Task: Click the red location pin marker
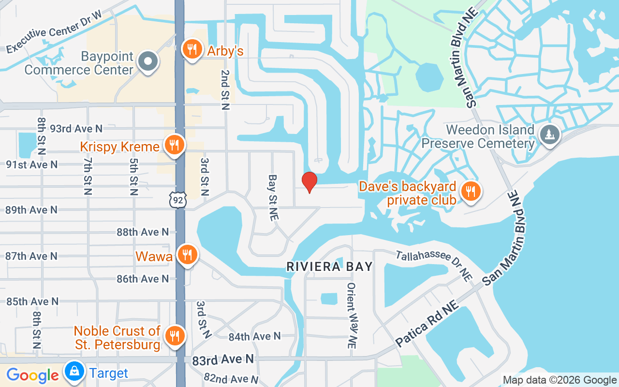pyautogui.click(x=309, y=182)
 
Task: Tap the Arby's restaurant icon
pyautogui.click(x=192, y=49)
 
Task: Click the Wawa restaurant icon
pyautogui.click(x=187, y=254)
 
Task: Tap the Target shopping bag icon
pyautogui.click(x=74, y=372)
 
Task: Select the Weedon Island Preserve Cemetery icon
pyautogui.click(x=549, y=134)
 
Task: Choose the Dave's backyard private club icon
pyautogui.click(x=470, y=191)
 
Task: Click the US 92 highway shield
pyautogui.click(x=177, y=199)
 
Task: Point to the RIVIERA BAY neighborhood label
pyautogui.click(x=330, y=267)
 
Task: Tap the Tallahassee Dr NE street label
pyautogui.click(x=434, y=266)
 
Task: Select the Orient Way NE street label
pyautogui.click(x=352, y=315)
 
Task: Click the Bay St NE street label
pyautogui.click(x=273, y=198)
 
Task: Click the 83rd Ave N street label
pyautogui.click(x=223, y=360)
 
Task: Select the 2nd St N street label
pyautogui.click(x=225, y=89)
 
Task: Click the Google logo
pyautogui.click(x=32, y=375)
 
